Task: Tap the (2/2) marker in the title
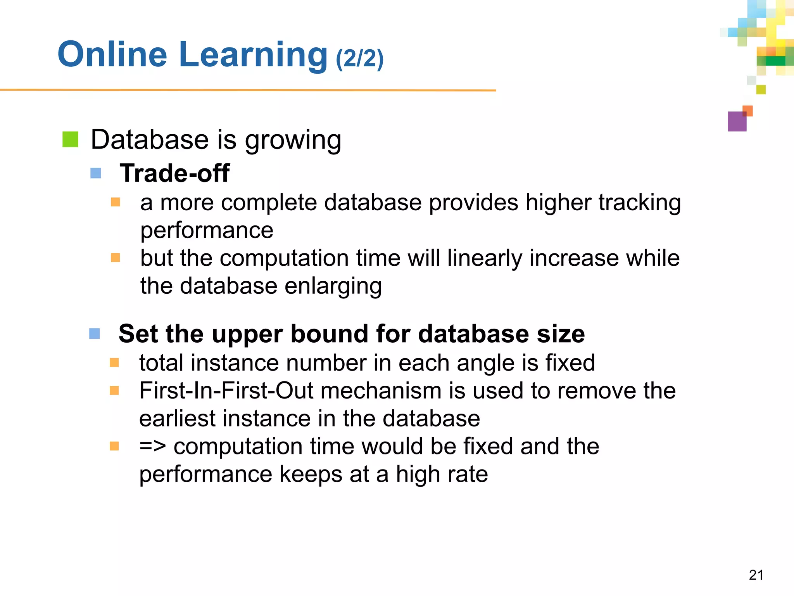tap(360, 58)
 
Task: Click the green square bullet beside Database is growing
tap(70, 140)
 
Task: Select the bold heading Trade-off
tap(174, 173)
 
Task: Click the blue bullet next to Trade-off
tap(95, 173)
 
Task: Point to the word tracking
tap(640, 203)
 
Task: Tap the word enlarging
tap(333, 286)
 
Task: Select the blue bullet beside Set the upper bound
tap(94, 333)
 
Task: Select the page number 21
tap(756, 575)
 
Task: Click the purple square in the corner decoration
tap(737, 122)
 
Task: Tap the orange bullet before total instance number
tap(114, 362)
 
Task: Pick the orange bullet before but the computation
tap(115, 258)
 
